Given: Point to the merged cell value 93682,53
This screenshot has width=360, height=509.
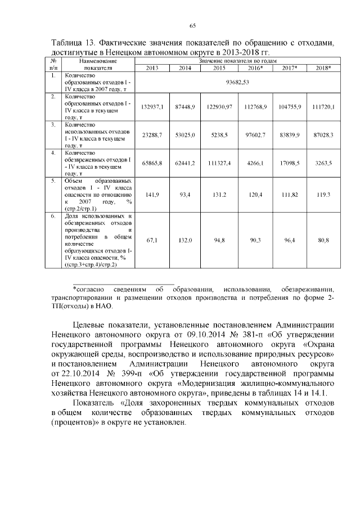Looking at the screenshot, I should [237, 82].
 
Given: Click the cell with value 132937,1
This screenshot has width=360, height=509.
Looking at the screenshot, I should [152, 106].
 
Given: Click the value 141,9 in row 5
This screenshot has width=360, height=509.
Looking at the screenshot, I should [152, 194].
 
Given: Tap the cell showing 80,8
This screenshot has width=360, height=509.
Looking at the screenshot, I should [323, 240].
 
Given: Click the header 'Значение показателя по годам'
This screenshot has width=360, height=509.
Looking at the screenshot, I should [237, 60].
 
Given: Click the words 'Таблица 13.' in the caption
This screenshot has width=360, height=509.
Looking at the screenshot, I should [74, 43].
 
